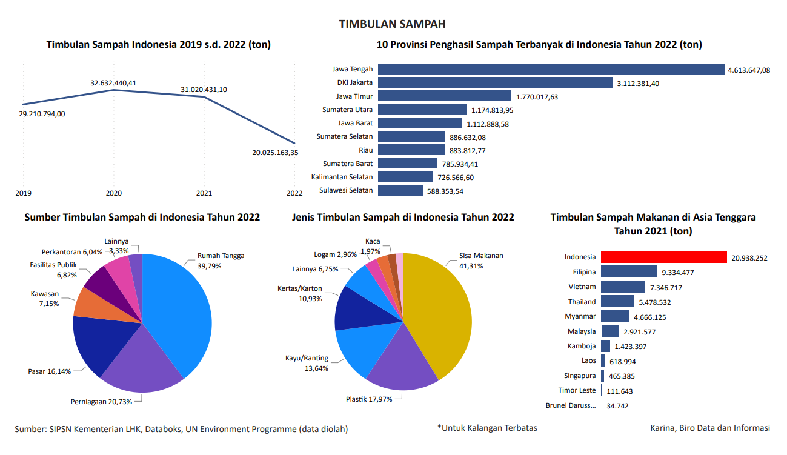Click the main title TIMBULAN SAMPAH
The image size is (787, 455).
[393, 24]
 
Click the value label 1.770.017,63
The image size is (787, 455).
[537, 97]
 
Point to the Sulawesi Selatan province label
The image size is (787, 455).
[346, 191]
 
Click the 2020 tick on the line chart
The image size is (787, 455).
[114, 193]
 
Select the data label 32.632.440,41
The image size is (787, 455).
[113, 83]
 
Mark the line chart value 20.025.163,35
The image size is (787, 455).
[275, 153]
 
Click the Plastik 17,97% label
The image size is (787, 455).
[369, 399]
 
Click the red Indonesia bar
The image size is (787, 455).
[663, 257]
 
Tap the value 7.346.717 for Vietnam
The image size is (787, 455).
[666, 287]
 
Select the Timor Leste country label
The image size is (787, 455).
[577, 391]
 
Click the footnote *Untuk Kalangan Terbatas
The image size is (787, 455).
[487, 428]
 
